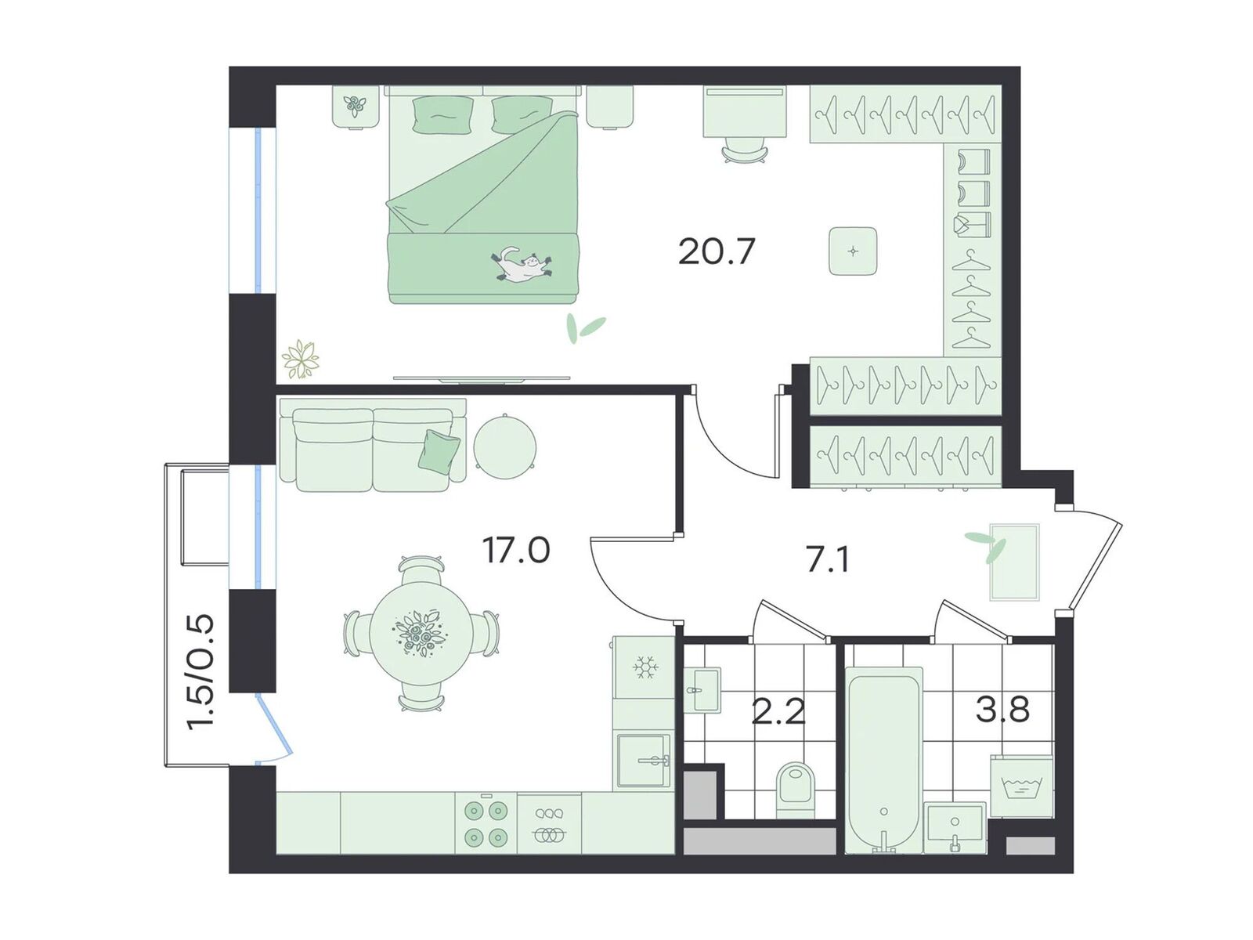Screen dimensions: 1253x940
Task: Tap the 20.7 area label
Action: click(717, 251)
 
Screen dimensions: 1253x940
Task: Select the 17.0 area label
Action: click(516, 550)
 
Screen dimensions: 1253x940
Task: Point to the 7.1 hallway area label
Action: click(827, 560)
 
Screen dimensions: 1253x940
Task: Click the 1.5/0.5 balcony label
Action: click(201, 672)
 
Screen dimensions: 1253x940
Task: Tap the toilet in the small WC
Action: click(795, 790)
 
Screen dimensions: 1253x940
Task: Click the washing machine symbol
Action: click(1020, 786)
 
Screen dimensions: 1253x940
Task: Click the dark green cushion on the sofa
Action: click(439, 450)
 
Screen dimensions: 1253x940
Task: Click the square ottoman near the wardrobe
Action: click(853, 251)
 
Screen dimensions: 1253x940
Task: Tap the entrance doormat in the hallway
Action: click(1014, 562)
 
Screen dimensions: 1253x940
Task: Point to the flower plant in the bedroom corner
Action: click(300, 359)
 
